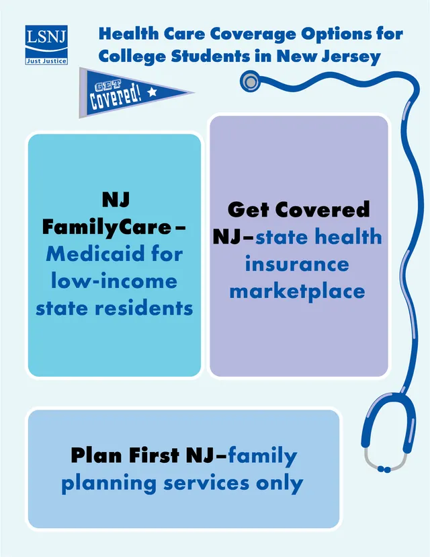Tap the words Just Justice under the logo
[46, 61]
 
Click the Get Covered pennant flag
[128, 92]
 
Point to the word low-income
[114, 281]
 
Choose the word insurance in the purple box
[297, 264]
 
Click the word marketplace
[297, 291]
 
